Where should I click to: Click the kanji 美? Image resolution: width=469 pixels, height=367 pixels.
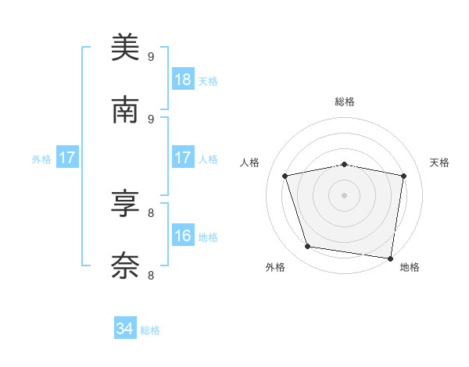coord(125,48)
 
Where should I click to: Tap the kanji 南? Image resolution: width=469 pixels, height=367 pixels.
coord(125,110)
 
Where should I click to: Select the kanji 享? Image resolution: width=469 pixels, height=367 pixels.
coord(125,205)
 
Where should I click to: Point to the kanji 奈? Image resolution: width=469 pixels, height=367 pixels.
coord(125,266)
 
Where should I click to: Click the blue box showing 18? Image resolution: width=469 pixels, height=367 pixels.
coord(183,80)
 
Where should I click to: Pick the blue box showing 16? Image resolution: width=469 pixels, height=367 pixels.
coord(183,236)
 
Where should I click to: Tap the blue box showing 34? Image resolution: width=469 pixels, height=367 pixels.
coord(125,329)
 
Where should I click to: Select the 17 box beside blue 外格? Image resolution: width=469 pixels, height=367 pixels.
coord(67,158)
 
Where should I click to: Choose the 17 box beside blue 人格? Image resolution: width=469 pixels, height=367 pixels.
coord(183,158)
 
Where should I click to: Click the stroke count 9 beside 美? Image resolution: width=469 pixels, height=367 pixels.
coord(151,56)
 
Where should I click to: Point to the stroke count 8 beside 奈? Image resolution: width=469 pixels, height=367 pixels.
coord(151,275)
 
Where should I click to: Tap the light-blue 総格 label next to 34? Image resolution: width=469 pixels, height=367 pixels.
coord(150,330)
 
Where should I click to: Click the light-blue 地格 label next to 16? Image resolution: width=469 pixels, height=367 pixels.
coord(208,237)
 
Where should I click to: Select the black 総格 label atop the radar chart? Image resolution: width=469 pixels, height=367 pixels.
coord(345,102)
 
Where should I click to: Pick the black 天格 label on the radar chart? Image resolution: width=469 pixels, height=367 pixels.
coord(439,162)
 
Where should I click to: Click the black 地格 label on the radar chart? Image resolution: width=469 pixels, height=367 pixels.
coord(410,267)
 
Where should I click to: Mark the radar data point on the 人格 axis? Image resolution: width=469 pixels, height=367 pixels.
coord(285,176)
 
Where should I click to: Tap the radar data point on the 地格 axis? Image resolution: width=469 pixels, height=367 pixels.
coord(390,258)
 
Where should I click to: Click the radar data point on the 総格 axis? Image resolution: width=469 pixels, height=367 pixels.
coord(345,164)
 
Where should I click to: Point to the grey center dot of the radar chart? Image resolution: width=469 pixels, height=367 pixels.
coord(345,194)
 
